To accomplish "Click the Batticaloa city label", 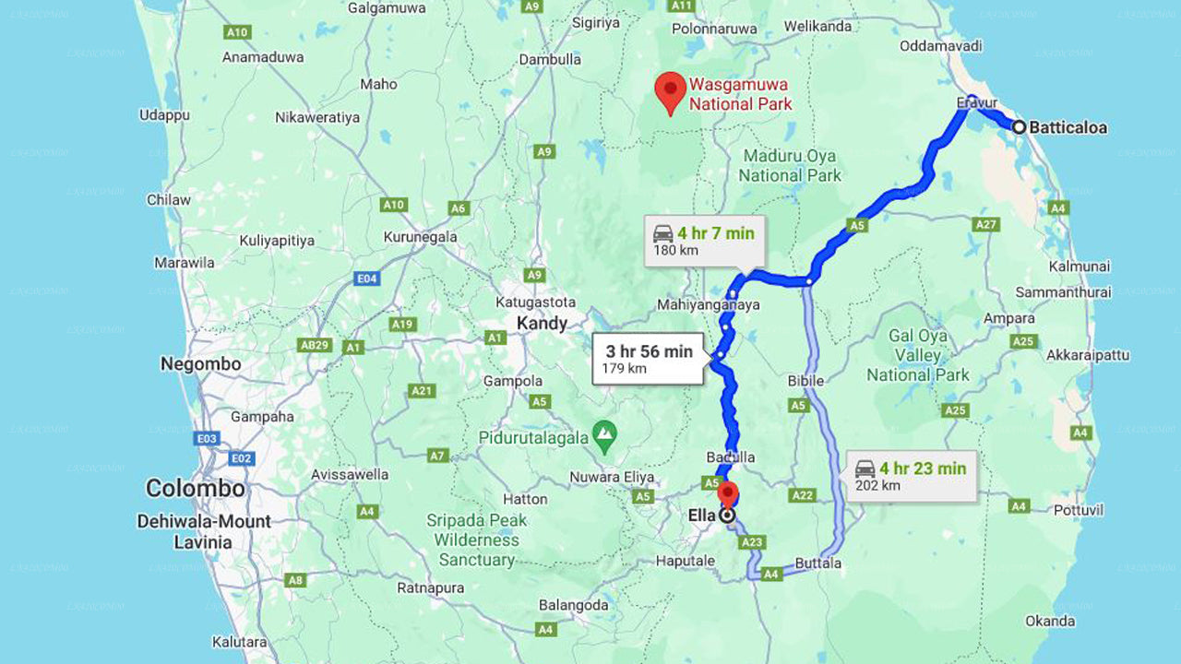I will tap(1068, 127).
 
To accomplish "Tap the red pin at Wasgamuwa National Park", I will tap(670, 90).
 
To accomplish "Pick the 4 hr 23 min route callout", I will tap(912, 476).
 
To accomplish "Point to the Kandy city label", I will tap(542, 323).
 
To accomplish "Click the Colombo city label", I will tap(196, 488).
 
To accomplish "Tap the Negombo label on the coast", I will tap(200, 364).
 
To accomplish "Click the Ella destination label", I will tap(702, 516).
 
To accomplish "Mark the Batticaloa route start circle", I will tap(1019, 127).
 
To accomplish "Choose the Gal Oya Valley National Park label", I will tap(918, 356).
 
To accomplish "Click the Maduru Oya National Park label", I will tap(791, 165).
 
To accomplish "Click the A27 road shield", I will tap(986, 224).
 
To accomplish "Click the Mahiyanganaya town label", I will tap(709, 304).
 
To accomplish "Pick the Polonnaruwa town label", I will tap(714, 29).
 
